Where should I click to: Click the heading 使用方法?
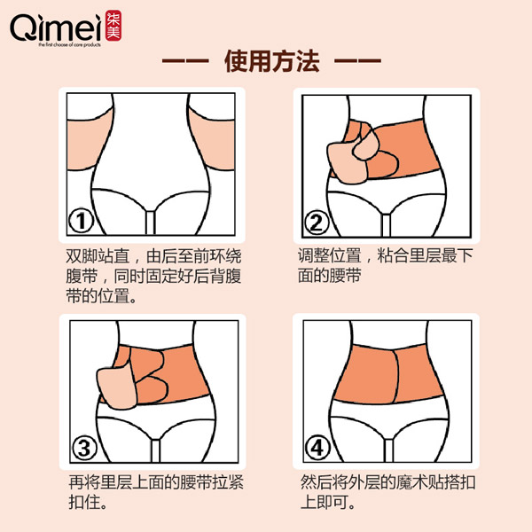click(x=265, y=65)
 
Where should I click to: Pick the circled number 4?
click(x=317, y=450)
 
